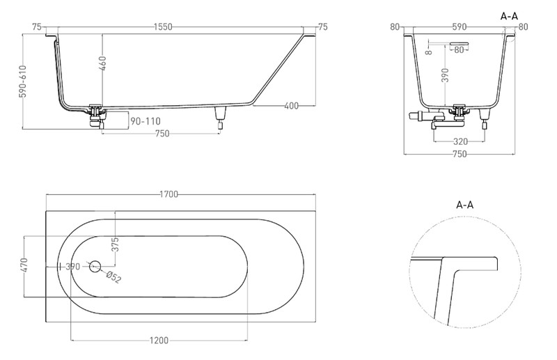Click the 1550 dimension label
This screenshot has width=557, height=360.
coord(163,26)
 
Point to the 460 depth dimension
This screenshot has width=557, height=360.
coord(102,63)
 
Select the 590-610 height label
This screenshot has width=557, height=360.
coord(23,81)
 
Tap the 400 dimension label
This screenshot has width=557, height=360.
coord(291,106)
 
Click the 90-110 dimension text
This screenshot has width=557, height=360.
coord(146,121)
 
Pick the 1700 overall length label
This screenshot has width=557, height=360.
coord(168,194)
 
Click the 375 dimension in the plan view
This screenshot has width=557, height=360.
coord(115,244)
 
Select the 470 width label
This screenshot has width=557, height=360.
coord(24,265)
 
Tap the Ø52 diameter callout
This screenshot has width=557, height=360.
coord(113,277)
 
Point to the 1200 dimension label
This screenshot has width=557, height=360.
coord(159,341)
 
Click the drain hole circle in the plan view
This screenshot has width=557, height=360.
coord(95,266)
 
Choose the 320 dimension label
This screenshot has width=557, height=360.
coord(460,142)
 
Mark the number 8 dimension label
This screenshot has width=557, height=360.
coord(429,52)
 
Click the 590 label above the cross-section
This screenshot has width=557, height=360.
coord(460,26)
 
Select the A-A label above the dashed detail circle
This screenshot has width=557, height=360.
coord(464,205)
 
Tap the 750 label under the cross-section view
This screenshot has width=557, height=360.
coord(460,154)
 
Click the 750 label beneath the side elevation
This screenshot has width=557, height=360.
coord(162,134)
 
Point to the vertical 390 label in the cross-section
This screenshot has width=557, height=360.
coord(446,75)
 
